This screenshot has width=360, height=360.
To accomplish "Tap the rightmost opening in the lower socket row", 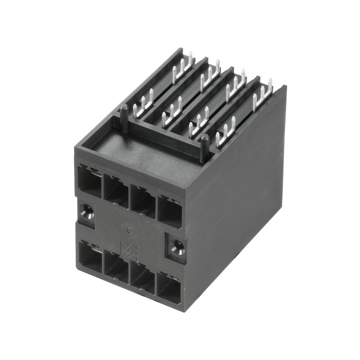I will [168, 286].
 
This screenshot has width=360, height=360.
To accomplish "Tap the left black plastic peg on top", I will [123, 110].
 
